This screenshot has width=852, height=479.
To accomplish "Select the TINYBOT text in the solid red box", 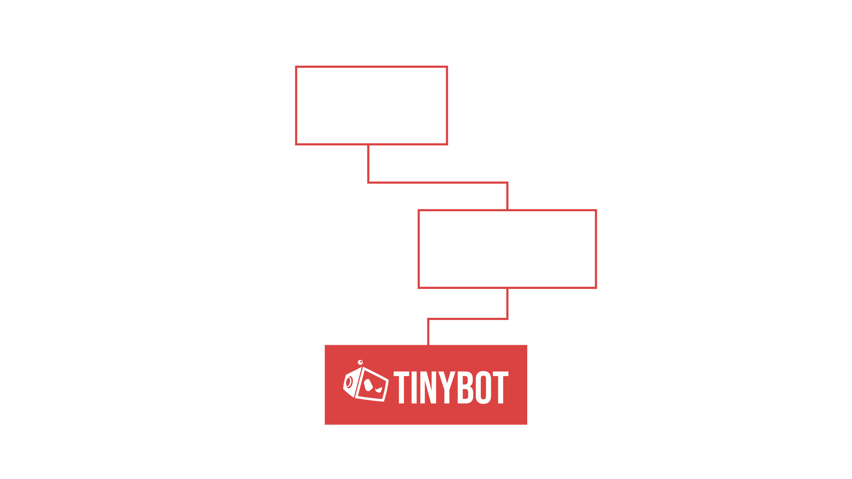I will pos(451,387).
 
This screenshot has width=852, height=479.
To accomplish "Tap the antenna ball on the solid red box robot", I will pos(360,362).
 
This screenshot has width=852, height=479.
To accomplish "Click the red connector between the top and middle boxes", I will pos(438,183).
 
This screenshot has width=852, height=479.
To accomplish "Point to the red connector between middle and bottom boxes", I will pos(468,319).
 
